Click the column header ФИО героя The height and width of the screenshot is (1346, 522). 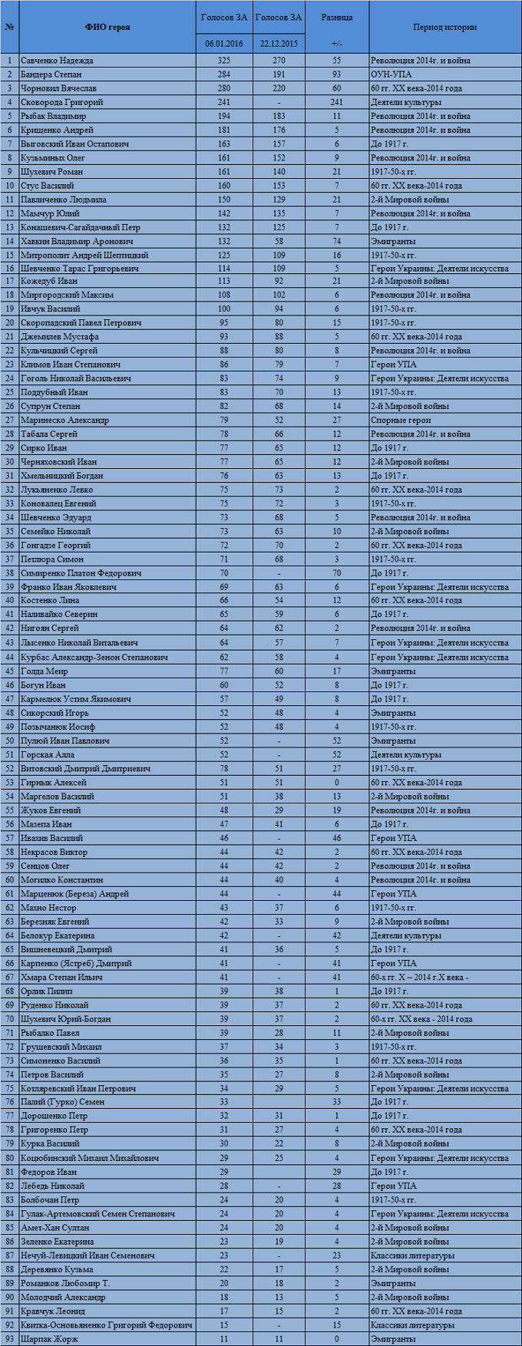(107, 27)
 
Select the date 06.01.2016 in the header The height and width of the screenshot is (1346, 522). (223, 44)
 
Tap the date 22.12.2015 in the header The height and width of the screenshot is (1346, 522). (279, 44)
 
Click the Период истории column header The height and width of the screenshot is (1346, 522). (444, 27)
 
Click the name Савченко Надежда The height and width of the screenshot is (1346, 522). (57, 61)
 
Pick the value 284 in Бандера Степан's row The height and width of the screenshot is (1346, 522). (223, 74)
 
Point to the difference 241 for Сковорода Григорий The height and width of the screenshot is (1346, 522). (336, 102)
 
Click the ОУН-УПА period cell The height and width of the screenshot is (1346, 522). (392, 74)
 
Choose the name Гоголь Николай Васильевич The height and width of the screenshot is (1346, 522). (76, 378)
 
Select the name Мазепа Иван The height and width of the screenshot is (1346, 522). (47, 824)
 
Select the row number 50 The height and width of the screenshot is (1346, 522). (10, 741)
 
